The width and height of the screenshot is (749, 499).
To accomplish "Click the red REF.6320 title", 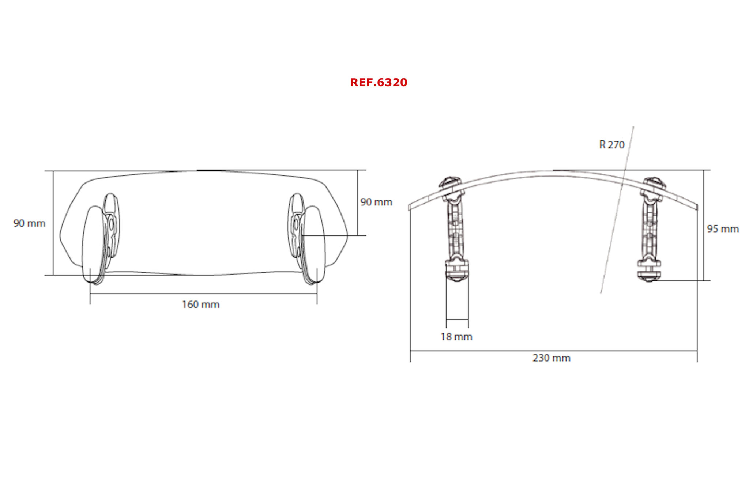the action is point(379,82).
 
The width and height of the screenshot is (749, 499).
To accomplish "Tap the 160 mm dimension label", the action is point(201,305).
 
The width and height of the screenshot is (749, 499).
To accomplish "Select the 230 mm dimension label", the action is point(552,358).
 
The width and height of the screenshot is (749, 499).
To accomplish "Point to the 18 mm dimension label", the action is point(456,337).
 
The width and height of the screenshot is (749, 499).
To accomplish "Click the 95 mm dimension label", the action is point(723,229).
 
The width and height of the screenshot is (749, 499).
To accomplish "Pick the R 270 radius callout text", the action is point(612,145).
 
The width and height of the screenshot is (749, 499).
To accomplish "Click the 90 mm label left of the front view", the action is point(29,223).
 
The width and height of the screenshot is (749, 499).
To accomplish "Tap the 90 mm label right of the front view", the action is point(376,202).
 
